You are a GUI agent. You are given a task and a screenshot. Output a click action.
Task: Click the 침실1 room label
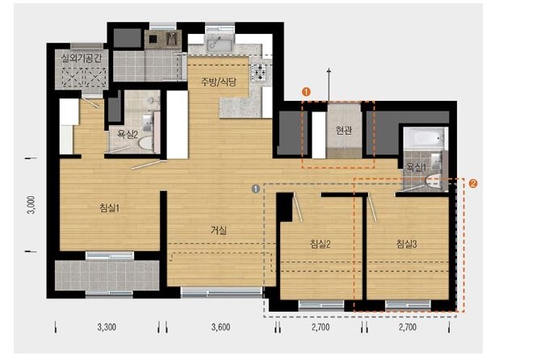[x=109, y=208]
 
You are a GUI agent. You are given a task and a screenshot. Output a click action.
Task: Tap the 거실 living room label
[x=219, y=230]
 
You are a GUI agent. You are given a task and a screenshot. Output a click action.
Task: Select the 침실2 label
[x=321, y=244]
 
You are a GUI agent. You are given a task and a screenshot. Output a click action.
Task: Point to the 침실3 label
[x=407, y=244]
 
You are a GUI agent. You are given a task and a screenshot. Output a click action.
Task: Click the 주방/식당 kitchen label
[x=219, y=82]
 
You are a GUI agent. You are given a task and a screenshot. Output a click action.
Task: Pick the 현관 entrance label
[x=344, y=130]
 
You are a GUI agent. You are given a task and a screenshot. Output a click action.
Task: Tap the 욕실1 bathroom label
[x=417, y=168]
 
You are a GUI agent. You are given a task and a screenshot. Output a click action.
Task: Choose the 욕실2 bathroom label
[x=128, y=134]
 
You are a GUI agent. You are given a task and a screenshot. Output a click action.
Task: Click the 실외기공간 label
[x=82, y=57]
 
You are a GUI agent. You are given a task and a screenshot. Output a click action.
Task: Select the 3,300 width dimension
[x=107, y=327]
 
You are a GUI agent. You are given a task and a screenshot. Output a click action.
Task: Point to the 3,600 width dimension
[x=220, y=327]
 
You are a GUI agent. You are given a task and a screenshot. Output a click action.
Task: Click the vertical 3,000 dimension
[x=31, y=205]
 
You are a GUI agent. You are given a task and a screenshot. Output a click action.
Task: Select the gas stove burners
[x=258, y=72]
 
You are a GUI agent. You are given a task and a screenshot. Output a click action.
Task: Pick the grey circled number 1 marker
[x=256, y=189]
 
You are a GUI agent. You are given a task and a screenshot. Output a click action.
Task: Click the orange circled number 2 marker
[x=473, y=183]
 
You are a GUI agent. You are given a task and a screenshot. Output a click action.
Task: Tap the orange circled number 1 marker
[x=306, y=92]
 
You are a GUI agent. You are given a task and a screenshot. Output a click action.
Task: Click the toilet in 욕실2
[x=147, y=143]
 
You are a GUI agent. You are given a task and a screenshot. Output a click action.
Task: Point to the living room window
[x=221, y=292]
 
